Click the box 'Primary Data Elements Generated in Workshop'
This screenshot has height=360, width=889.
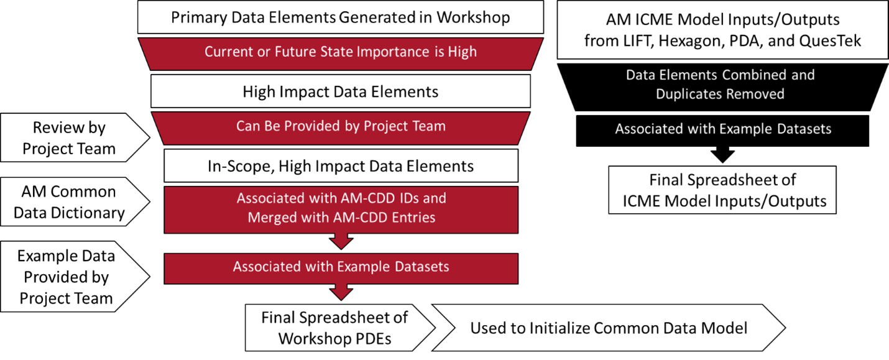tap(341, 17)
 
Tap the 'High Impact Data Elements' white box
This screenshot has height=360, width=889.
tap(341, 91)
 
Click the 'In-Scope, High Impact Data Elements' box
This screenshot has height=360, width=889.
tap(341, 166)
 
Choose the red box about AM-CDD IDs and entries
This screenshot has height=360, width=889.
tap(341, 210)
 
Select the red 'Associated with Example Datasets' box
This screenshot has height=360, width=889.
tap(341, 269)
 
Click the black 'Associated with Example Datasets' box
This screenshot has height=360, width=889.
tap(722, 131)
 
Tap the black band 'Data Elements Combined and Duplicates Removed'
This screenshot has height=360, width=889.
tap(722, 87)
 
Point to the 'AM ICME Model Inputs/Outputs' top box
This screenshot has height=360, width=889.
tap(722, 30)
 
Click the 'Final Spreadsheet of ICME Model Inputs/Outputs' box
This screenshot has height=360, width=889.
tap(722, 190)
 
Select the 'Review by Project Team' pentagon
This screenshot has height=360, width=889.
tap(75, 138)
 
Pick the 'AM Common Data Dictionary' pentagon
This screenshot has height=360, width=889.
tap(75, 201)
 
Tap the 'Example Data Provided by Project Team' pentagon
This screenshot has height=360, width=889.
tap(75, 276)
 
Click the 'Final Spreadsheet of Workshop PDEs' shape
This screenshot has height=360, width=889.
tap(339, 328)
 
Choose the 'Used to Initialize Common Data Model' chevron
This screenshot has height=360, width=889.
tap(609, 328)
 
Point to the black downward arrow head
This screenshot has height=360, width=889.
tap(722, 154)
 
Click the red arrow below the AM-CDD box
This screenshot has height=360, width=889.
tap(341, 241)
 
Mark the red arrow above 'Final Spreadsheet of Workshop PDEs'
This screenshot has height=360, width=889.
tap(341, 292)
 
